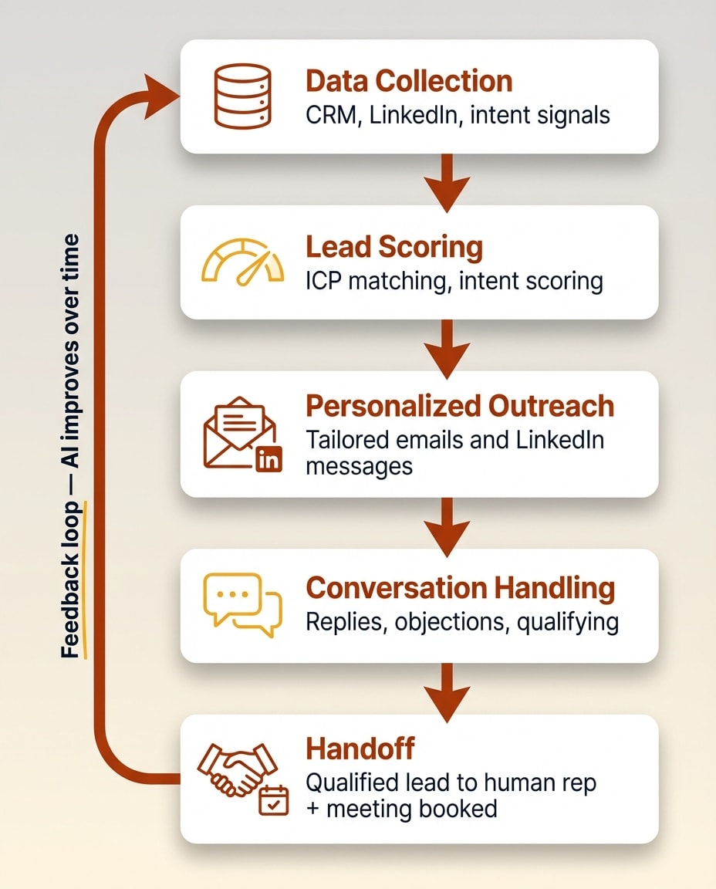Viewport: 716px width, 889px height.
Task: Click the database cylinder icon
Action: (241, 96)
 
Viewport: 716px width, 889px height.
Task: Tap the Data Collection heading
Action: (409, 81)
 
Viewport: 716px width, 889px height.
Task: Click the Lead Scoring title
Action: (394, 247)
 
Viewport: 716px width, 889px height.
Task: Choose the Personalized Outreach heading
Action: (460, 406)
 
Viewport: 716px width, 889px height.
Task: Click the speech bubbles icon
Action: (241, 604)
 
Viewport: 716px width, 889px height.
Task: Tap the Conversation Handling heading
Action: (461, 588)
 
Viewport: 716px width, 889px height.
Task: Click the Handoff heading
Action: (360, 749)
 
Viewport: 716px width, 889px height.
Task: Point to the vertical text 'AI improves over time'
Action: (71, 363)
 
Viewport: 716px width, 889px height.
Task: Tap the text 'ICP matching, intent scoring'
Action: (454, 281)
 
